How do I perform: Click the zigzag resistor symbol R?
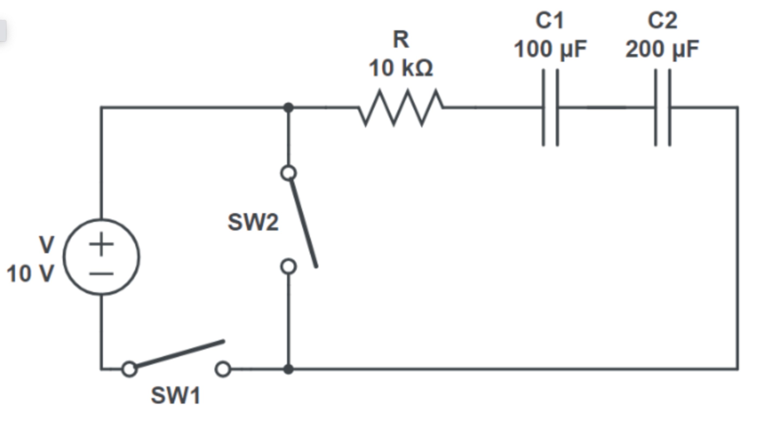coord(401,107)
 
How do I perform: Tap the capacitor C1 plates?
coord(551,107)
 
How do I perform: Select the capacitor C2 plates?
coord(662,107)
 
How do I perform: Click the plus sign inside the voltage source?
coord(102,244)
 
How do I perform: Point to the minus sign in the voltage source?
coord(102,274)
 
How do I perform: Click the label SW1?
coord(175,396)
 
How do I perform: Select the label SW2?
coord(253,223)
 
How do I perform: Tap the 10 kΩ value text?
coord(401,68)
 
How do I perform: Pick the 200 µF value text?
coord(662,49)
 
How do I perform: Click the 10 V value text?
coord(30,274)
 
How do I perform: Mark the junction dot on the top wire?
coord(288,107)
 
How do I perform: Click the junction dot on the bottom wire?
coord(288,369)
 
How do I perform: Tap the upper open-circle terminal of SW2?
coord(288,173)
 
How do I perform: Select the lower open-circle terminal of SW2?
coord(288,266)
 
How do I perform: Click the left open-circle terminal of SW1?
coord(129,369)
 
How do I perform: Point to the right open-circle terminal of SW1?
coord(223,369)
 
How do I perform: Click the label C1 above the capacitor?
coord(550,21)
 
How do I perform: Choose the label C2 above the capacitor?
coord(662,21)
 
